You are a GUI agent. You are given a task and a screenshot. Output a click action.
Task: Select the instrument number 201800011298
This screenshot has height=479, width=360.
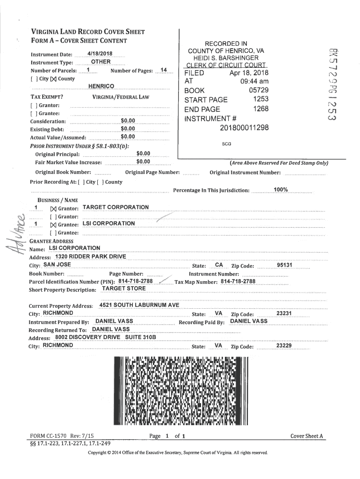[244, 127]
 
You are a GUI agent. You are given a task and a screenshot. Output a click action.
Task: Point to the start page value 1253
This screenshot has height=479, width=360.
[260, 100]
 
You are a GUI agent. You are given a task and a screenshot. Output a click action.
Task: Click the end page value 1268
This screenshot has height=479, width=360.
[260, 109]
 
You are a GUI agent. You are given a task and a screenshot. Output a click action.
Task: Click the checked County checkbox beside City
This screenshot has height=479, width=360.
[53, 79]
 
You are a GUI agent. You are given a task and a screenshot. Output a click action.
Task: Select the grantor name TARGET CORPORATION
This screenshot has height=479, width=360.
[115, 207]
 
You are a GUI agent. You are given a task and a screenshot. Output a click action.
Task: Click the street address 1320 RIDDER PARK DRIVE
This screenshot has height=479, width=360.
[90, 257]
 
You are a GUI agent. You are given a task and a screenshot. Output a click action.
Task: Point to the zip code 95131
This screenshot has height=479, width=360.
[284, 265]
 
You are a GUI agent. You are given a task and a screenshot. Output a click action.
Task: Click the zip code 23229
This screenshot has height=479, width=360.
[284, 346]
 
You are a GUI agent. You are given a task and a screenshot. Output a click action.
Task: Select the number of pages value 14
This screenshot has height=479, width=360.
[163, 70]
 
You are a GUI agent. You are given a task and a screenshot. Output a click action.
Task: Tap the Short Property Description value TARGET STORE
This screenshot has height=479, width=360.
[124, 289]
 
